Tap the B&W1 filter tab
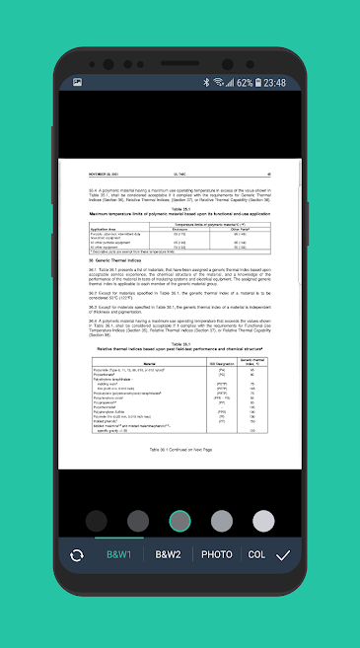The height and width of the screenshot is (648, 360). click(120, 554)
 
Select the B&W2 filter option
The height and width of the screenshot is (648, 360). click(169, 554)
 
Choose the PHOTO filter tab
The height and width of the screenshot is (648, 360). click(217, 554)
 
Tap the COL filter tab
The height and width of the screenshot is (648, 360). click(256, 554)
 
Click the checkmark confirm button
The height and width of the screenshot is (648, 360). click(283, 555)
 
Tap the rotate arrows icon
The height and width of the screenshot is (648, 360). click(76, 555)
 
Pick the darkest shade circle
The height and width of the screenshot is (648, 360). click(96, 521)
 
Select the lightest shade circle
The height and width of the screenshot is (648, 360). click(263, 521)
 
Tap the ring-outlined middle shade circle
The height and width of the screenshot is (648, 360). click(180, 521)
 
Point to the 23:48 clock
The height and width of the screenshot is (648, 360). click(275, 83)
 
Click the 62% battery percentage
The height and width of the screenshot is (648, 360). click(244, 83)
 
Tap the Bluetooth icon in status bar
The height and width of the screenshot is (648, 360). click(206, 83)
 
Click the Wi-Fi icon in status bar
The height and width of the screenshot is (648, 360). click(218, 83)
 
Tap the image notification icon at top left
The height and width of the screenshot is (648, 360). click(77, 83)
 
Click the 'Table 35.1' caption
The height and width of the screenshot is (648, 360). click(180, 207)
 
